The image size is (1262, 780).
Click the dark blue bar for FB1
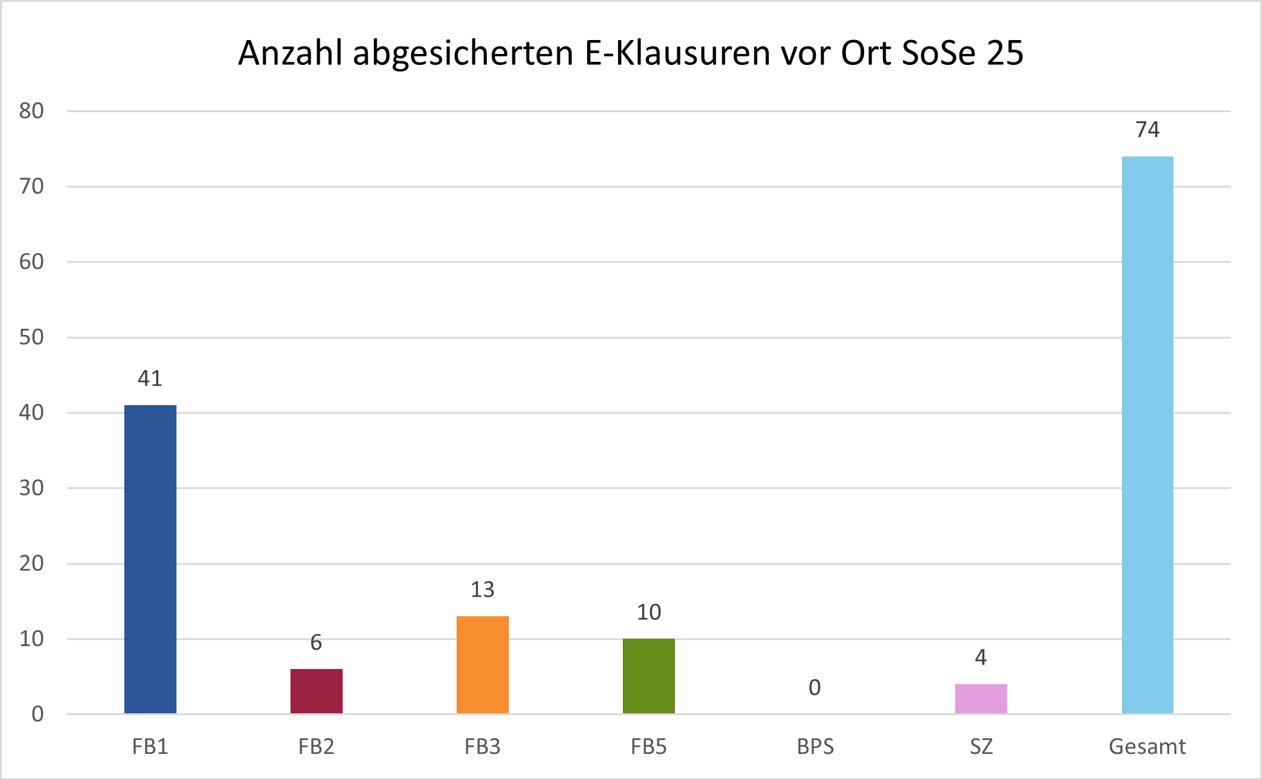[x=150, y=559]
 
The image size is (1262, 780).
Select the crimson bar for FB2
[x=316, y=691]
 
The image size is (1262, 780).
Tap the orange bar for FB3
[x=482, y=665]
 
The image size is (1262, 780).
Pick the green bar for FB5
[x=648, y=676]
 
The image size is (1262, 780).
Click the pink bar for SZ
[x=981, y=699]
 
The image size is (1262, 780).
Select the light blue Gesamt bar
[x=1147, y=434]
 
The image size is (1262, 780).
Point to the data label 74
[x=1147, y=130]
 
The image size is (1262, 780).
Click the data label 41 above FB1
[x=150, y=378]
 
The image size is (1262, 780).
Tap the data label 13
[x=482, y=590]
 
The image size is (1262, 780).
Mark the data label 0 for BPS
[x=814, y=688]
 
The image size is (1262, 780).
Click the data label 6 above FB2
[x=316, y=642]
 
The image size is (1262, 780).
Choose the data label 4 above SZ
[x=981, y=657]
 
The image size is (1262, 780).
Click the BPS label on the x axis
[x=814, y=747]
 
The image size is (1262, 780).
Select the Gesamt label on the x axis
[x=1147, y=747]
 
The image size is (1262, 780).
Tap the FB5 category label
[x=648, y=747]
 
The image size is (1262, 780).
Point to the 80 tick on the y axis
[x=32, y=111]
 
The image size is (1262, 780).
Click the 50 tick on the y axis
[x=32, y=337]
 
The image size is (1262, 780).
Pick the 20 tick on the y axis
[x=32, y=563]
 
